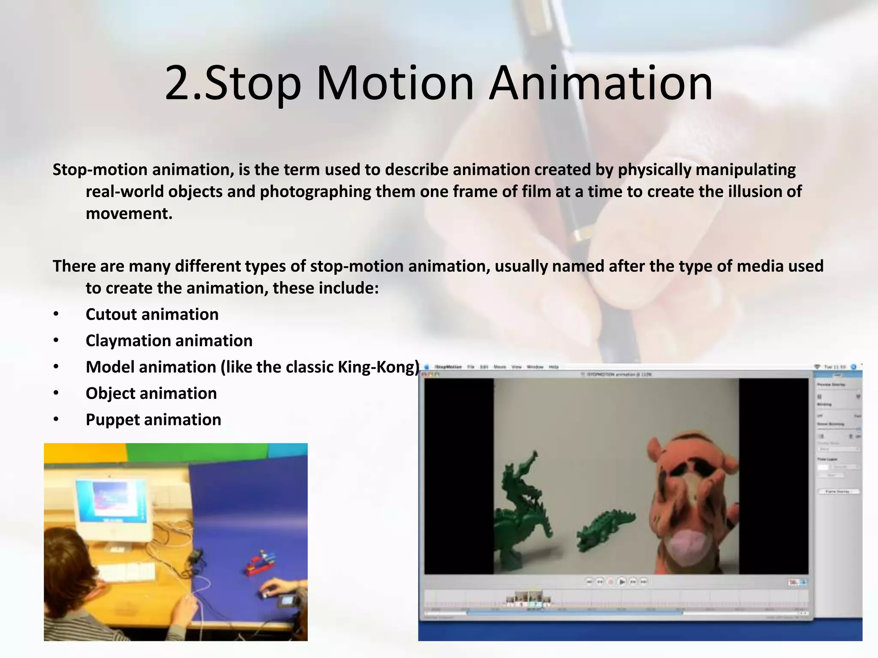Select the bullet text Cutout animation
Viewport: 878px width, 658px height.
pos(152,314)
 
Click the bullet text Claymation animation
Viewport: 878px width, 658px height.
pos(169,341)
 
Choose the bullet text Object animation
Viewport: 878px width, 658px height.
pos(151,393)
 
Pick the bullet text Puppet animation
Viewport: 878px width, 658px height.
pos(153,420)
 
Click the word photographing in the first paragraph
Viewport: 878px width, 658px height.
pos(315,191)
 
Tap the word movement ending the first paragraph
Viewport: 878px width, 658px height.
pos(129,213)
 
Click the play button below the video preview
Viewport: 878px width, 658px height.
pos(622,581)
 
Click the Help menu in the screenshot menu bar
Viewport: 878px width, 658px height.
pos(553,367)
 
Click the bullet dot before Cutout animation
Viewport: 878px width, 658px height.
pos(56,315)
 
